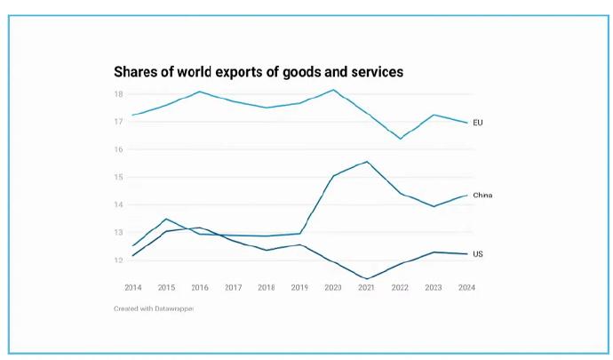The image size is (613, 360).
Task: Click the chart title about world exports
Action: coord(259,72)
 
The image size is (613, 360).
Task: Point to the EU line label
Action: coord(478,123)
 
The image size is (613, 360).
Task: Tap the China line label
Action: coord(482,196)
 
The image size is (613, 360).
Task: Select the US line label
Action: coord(478,254)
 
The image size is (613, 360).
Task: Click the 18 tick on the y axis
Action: coord(118,94)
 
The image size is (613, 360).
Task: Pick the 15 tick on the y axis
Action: coord(118,177)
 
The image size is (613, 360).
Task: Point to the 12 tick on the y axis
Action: coord(118,260)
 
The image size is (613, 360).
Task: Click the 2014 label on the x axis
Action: coord(133,288)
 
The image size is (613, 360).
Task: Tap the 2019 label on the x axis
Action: coord(299,288)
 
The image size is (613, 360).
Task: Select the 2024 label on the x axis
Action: coord(466,288)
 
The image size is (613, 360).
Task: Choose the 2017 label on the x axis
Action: coord(233,288)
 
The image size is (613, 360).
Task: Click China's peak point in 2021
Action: coord(367,162)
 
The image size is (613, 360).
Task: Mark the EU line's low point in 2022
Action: coord(401,139)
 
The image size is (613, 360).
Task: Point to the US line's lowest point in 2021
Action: coord(367,279)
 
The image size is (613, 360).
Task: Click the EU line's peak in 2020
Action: coord(333,90)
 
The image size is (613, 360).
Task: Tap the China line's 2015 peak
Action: coord(166,219)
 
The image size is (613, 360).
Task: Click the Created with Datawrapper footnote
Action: coord(154,308)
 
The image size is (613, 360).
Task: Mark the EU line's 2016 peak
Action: coord(200,92)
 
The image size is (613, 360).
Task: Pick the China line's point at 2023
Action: coord(434,206)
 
